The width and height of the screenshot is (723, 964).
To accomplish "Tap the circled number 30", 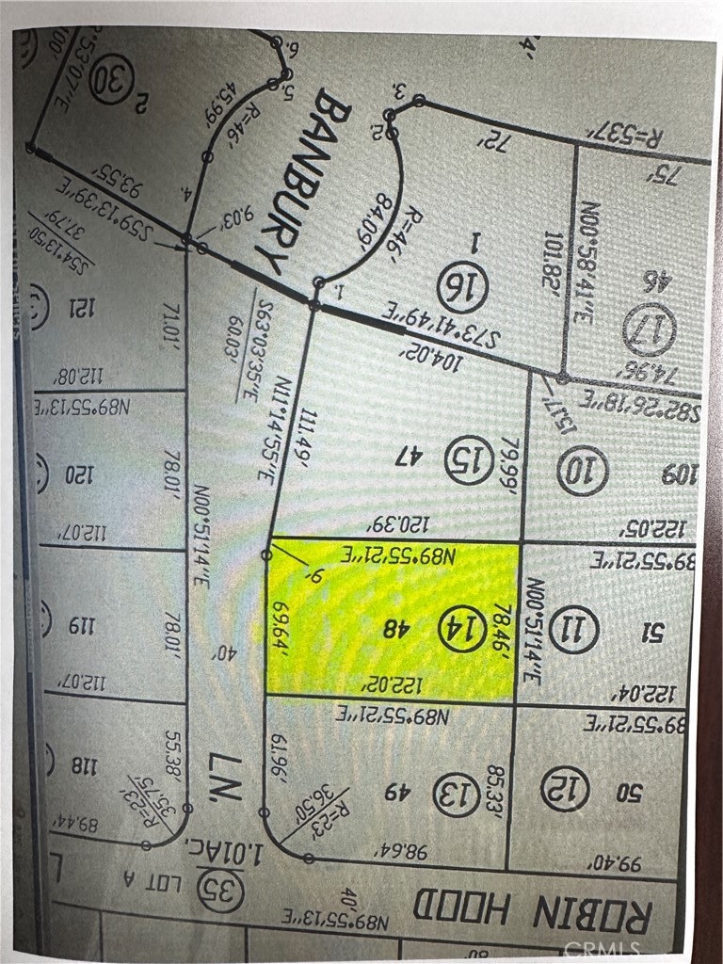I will [112, 78].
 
